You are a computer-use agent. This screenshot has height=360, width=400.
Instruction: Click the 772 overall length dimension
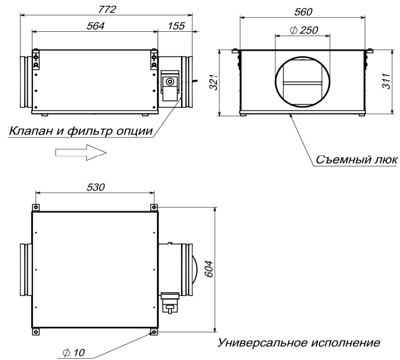point(107,9)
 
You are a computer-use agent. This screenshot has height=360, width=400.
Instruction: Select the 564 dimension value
point(96,26)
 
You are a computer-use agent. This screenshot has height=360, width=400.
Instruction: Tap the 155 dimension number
point(176,26)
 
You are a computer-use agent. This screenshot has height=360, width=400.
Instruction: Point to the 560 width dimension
point(303,12)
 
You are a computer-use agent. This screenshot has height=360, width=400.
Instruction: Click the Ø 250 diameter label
point(304,30)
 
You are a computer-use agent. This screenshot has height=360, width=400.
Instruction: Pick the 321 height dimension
point(213,82)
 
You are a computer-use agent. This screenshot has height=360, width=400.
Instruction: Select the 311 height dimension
point(386,81)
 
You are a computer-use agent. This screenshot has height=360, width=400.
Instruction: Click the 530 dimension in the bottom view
point(96,187)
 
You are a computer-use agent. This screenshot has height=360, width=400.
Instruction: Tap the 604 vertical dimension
point(209,269)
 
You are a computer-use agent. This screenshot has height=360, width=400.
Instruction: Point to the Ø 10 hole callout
point(74,352)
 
